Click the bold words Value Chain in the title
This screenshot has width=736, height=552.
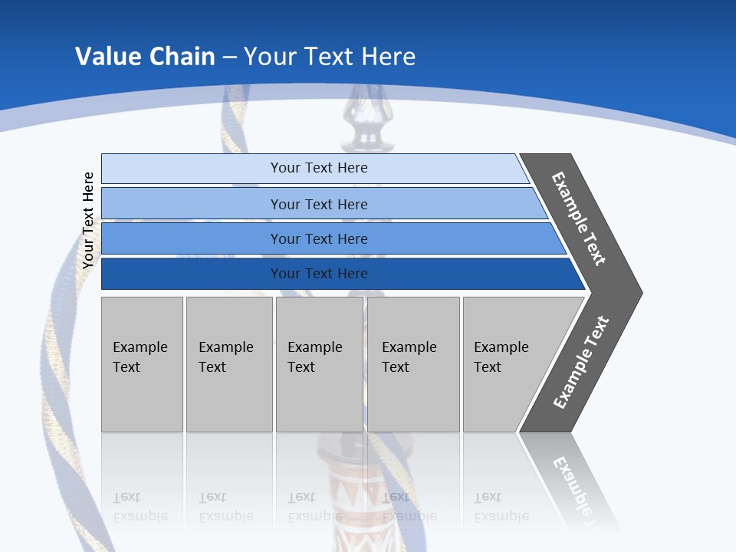pyautogui.click(x=144, y=57)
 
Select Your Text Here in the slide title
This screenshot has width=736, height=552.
pyautogui.click(x=330, y=57)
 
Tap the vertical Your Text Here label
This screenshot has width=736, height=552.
pyautogui.click(x=88, y=220)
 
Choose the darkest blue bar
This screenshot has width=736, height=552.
pyautogui.click(x=192, y=274)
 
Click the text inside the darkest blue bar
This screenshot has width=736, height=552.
pyautogui.click(x=319, y=274)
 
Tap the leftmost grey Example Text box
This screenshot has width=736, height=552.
pyautogui.click(x=142, y=364)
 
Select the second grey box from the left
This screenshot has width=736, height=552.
pyautogui.click(x=228, y=364)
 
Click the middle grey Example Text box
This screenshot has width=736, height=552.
pyautogui.click(x=319, y=364)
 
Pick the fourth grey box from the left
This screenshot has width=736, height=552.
pyautogui.click(x=413, y=364)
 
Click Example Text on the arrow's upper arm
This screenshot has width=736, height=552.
pyautogui.click(x=580, y=219)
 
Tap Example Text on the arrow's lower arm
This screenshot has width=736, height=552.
pyautogui.click(x=581, y=362)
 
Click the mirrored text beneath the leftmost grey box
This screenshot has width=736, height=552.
pyautogui.click(x=140, y=507)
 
